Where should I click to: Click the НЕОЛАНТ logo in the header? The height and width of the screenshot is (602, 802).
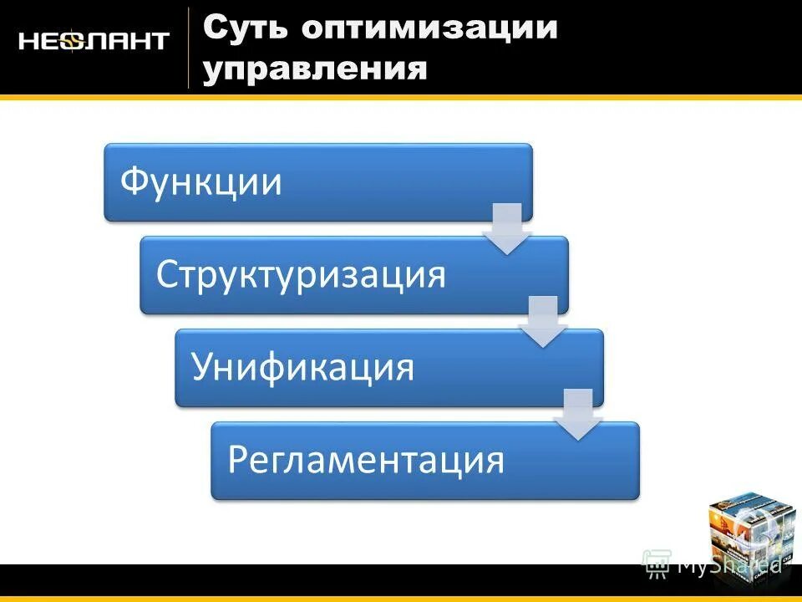[x=94, y=41]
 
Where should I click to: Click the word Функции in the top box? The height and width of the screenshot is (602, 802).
[x=200, y=182]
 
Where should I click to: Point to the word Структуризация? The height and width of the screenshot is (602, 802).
[x=301, y=275]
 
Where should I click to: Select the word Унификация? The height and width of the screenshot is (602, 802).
[x=302, y=368]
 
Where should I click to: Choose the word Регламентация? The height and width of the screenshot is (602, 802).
[x=367, y=460]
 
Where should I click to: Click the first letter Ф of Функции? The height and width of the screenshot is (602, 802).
[x=135, y=182]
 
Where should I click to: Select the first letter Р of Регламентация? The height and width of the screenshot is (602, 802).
[x=238, y=460]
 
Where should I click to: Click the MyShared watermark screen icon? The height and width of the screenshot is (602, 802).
[x=657, y=564]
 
